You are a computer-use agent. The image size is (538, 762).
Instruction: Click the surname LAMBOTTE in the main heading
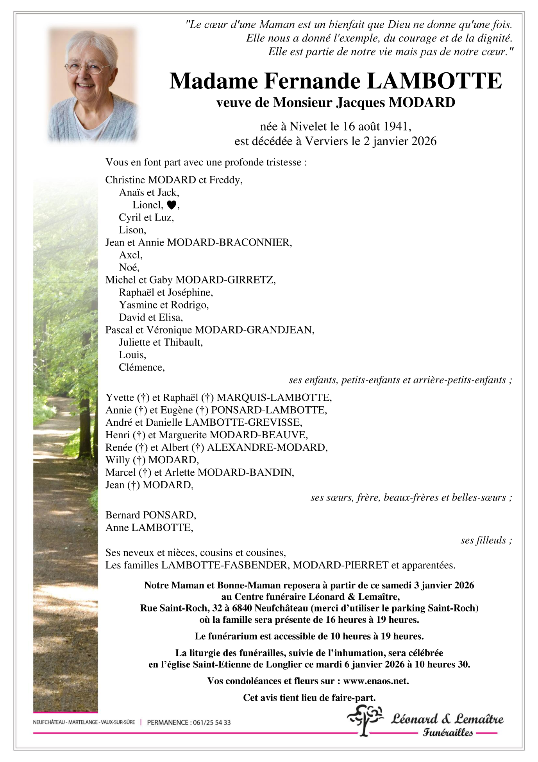tap(434, 81)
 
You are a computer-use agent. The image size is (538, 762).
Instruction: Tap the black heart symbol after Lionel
tap(171, 205)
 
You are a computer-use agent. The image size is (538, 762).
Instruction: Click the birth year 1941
tap(396, 126)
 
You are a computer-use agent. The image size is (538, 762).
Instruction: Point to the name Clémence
tap(141, 367)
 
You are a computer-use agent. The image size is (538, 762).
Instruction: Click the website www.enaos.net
tap(375, 681)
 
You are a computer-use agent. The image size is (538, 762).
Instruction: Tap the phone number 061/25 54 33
tap(211, 723)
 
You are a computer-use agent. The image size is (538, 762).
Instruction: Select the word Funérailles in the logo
tap(448, 733)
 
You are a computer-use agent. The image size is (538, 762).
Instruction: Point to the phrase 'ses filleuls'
tap(483, 540)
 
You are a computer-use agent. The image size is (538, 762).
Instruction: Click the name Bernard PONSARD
tap(150, 515)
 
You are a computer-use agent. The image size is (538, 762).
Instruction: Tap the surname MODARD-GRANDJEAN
tap(254, 330)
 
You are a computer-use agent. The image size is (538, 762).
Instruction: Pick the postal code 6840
tap(242, 608)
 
